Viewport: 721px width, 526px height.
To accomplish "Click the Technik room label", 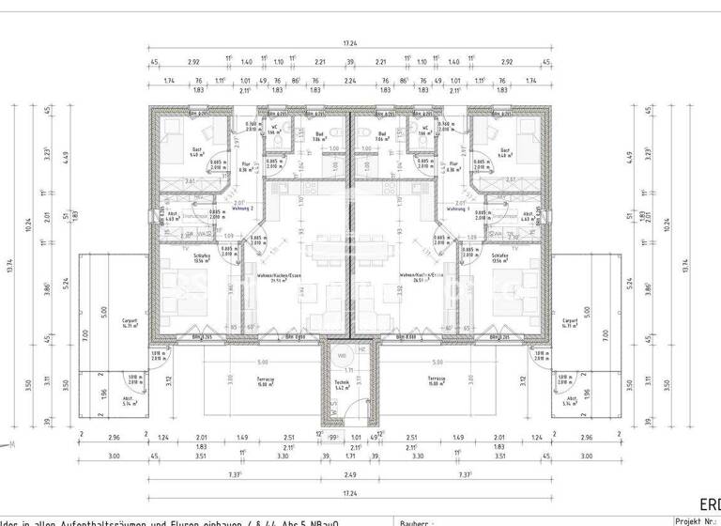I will coord(340,382).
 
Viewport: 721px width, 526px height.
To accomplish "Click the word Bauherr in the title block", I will coord(414,522).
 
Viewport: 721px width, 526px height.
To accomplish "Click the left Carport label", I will coord(130,319).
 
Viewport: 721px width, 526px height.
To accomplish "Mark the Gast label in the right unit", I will coord(504,150).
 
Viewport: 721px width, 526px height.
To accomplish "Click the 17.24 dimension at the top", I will coord(349,43).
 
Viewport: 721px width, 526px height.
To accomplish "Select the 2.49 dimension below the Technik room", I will coord(349,476).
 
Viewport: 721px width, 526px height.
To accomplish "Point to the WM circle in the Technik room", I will coord(343,356).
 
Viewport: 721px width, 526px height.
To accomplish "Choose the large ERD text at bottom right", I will coord(711,504).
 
